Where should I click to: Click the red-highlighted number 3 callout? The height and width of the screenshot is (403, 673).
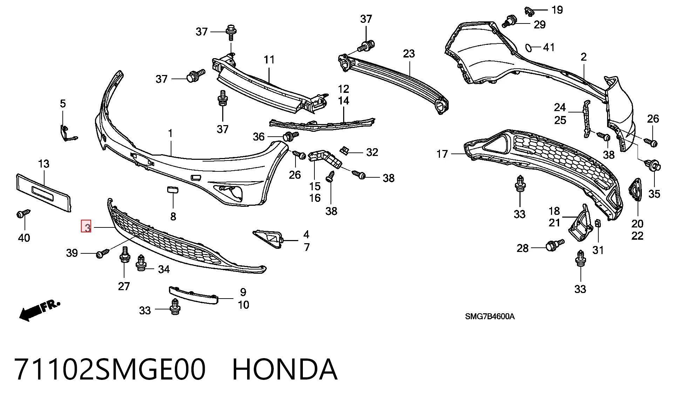pos(86,226)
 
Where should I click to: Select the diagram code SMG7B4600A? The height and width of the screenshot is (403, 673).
pos(490,316)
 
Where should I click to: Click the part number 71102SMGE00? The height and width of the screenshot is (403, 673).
pos(110,369)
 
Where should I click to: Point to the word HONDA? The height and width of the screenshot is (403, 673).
pos(285,369)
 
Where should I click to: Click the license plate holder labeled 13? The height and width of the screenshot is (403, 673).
pos(43,193)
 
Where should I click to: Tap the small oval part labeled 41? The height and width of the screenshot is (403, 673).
pos(528,48)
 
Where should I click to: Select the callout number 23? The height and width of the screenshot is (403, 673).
pos(409,54)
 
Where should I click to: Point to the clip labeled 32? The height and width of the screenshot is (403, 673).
pos(345,151)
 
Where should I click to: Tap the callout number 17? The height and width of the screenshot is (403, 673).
pos(442,154)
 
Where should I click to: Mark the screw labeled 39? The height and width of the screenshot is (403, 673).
pos(103,253)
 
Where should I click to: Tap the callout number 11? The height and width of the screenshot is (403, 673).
pos(269,60)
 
